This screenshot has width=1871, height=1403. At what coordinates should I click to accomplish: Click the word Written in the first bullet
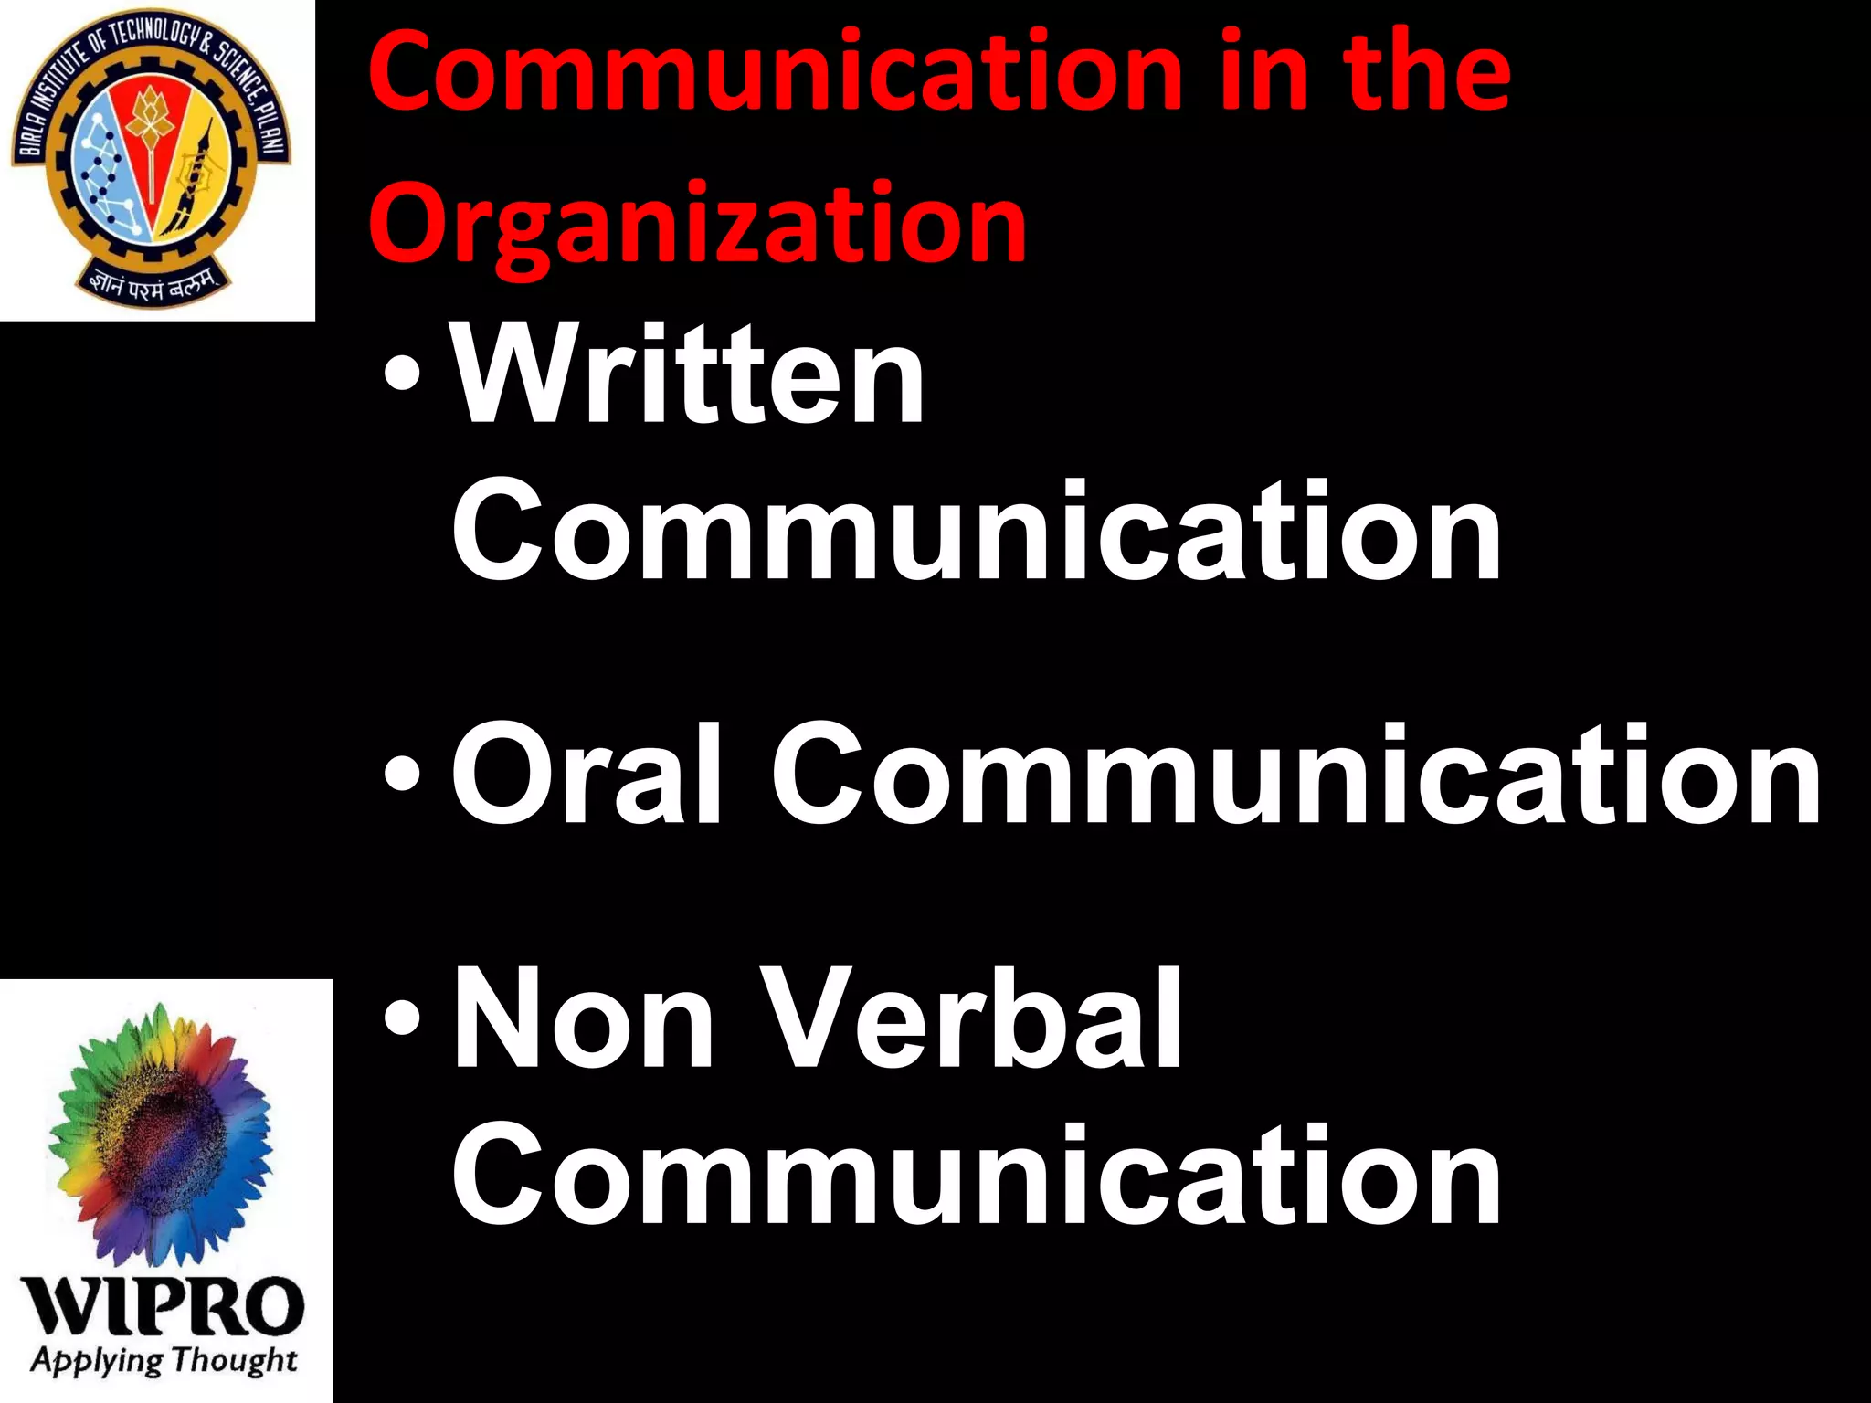tap(689, 374)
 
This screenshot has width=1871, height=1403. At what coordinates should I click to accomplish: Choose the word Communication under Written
tap(977, 532)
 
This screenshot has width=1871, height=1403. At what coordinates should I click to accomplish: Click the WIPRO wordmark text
tap(164, 1306)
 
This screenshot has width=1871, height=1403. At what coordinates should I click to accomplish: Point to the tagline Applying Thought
tap(164, 1360)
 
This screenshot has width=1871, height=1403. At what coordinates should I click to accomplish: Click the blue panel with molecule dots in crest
tap(105, 169)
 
